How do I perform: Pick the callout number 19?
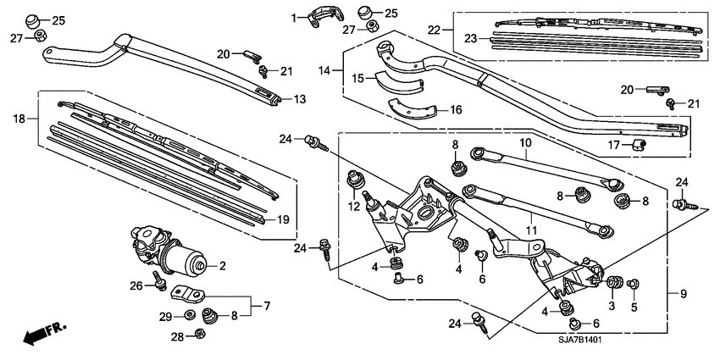pos(284,219)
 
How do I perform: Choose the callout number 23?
pos(470,36)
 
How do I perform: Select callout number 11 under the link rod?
pos(530,230)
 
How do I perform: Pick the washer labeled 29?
pos(190,316)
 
